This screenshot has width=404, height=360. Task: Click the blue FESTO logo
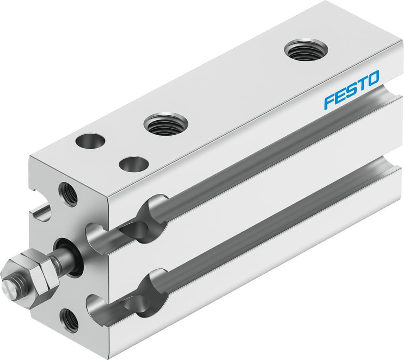pyautogui.click(x=352, y=90)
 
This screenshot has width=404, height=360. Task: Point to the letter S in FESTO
pyautogui.click(x=351, y=90)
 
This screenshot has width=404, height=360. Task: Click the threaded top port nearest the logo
pyautogui.click(x=306, y=50)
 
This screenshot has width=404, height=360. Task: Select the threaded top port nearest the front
pyautogui.click(x=166, y=124)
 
